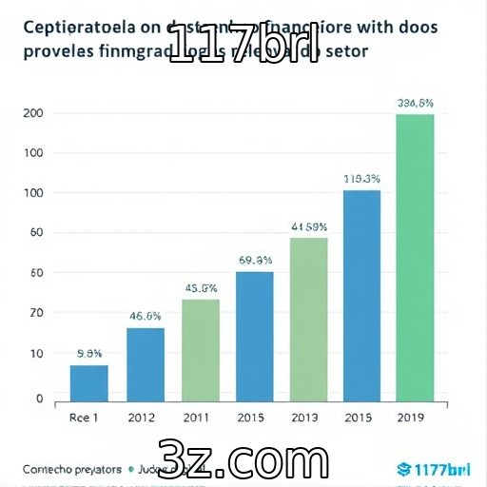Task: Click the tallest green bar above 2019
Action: (x=415, y=257)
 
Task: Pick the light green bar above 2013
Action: (x=308, y=319)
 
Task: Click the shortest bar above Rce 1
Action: (x=89, y=382)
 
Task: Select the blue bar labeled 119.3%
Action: (x=361, y=295)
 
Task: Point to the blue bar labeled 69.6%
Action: (x=254, y=336)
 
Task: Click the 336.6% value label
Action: (x=416, y=103)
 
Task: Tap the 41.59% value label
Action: (x=309, y=226)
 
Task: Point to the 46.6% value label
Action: (x=146, y=317)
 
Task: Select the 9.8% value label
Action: (x=89, y=353)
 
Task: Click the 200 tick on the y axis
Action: (x=32, y=114)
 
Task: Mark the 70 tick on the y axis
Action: (x=36, y=313)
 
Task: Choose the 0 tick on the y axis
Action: (x=39, y=400)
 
